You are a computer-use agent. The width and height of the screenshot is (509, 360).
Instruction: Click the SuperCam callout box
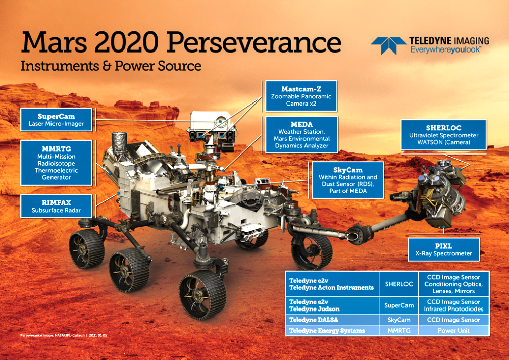click(57, 120)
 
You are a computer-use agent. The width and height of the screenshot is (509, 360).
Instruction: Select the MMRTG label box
click(57, 163)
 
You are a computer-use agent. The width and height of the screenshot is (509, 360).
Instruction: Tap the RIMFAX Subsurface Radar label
click(57, 206)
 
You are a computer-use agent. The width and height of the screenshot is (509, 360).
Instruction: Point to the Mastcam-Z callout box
click(301, 96)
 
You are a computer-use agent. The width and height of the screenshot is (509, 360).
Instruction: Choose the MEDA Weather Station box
click(301, 135)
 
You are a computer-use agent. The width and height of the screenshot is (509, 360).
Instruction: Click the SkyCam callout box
click(347, 180)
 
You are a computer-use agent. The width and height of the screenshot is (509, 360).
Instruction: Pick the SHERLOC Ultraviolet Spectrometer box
click(444, 135)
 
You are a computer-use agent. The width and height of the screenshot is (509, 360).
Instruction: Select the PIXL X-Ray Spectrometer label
click(444, 249)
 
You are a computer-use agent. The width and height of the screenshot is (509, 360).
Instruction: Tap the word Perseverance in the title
click(254, 43)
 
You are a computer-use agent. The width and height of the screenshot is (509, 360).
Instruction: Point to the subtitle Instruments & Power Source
click(111, 66)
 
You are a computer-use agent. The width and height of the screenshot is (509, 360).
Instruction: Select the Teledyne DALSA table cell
click(332, 320)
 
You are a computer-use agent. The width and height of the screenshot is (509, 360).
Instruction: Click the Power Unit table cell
click(454, 331)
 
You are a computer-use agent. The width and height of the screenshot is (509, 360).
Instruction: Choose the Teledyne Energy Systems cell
click(332, 331)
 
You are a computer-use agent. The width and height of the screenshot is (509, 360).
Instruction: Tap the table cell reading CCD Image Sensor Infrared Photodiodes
click(454, 305)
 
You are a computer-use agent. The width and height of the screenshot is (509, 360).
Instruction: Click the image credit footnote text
click(64, 335)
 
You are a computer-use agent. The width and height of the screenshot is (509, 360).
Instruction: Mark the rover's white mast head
click(211, 122)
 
